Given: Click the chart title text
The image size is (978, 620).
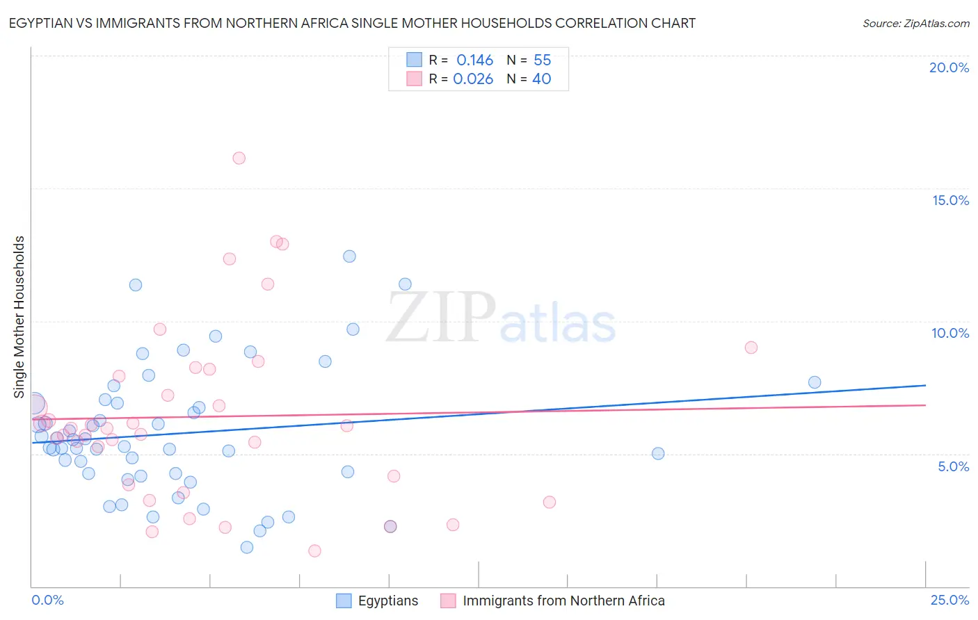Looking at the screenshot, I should [353, 24].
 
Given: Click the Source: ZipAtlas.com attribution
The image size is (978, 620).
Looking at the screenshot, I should [915, 24].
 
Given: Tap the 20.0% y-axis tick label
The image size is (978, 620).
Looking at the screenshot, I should [949, 67].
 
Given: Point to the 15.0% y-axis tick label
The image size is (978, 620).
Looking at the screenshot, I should [950, 200].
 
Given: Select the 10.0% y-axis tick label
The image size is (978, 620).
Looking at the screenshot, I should [950, 333].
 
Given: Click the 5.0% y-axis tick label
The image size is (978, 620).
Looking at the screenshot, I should [953, 466].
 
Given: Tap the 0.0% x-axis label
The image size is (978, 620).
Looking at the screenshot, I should [47, 600].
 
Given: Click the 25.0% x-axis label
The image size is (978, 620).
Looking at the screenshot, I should [949, 600].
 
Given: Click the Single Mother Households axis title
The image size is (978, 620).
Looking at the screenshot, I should [19, 317].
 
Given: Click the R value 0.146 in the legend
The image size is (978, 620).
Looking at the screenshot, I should [474, 60].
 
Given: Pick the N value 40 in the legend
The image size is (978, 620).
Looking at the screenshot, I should [541, 79].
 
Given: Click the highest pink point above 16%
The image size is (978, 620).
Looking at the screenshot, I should [239, 158].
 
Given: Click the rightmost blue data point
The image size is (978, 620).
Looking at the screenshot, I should [815, 382].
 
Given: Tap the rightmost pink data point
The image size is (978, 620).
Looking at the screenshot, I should [751, 348].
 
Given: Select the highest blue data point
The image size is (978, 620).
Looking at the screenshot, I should [349, 256].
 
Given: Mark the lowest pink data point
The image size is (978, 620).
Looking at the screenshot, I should [314, 551].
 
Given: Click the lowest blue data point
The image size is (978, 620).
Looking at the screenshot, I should [246, 548].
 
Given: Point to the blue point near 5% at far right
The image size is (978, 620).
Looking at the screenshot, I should [658, 454].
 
